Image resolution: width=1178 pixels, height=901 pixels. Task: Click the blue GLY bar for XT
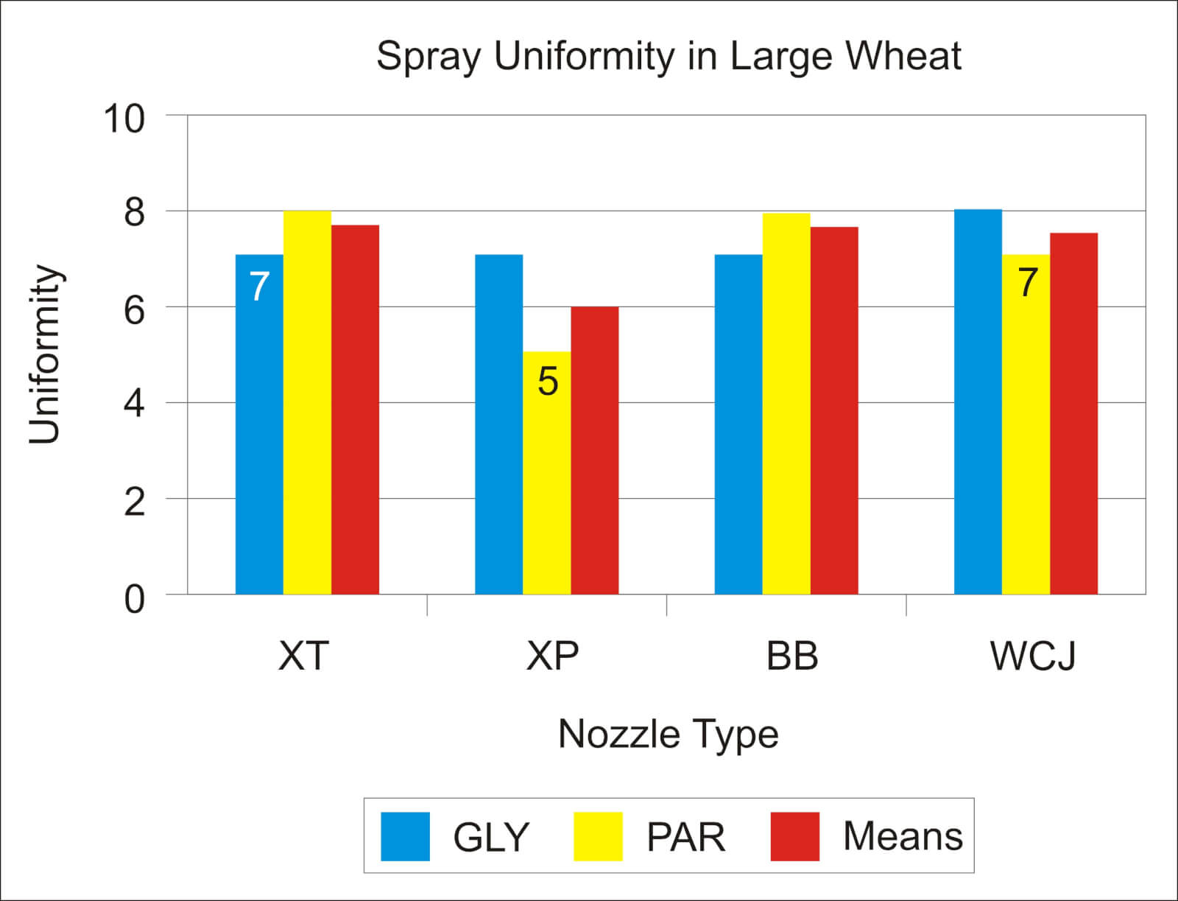(259, 442)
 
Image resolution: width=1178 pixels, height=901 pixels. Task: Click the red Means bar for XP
(595, 450)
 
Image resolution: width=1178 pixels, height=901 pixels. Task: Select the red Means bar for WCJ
(1073, 413)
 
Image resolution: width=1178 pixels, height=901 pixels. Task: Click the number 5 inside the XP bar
(548, 382)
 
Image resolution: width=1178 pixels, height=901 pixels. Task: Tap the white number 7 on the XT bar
(259, 287)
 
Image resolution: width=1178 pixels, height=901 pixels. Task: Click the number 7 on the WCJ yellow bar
(1028, 282)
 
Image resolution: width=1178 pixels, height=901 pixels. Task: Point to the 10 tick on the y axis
(124, 118)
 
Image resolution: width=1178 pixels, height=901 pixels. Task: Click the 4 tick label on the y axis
(134, 404)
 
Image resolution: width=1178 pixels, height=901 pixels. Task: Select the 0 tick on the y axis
(134, 598)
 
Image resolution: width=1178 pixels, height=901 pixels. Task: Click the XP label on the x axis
(552, 655)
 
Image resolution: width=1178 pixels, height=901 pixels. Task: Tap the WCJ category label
(1033, 655)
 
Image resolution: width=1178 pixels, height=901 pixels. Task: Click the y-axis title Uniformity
(44, 354)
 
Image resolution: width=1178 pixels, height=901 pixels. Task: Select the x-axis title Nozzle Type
(668, 734)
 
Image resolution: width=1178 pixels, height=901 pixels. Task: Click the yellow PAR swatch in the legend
(598, 836)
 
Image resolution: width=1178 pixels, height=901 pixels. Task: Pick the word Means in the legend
(902, 836)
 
